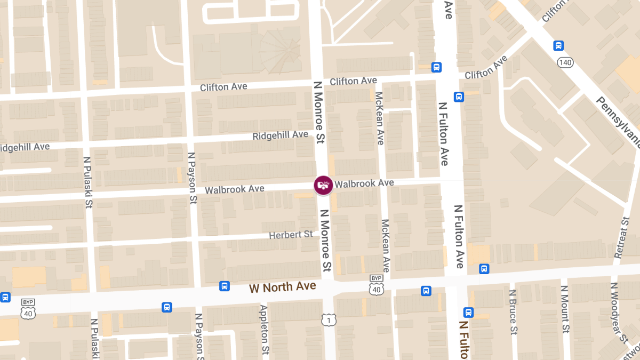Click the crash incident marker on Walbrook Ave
[x=323, y=185]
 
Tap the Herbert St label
[x=291, y=235]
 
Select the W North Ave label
[x=282, y=287]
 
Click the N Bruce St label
[x=513, y=312]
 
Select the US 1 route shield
[x=329, y=319]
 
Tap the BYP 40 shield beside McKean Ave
[x=377, y=285]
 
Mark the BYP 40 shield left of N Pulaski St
[x=28, y=309]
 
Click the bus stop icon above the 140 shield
[x=558, y=46]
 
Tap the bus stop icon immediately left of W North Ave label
[x=225, y=286]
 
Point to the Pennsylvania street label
[x=619, y=123]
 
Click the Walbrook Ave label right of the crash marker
[x=364, y=183]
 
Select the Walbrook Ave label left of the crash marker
[x=235, y=189]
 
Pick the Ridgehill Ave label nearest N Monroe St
[x=281, y=135]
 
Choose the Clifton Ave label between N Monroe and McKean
[x=353, y=81]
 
